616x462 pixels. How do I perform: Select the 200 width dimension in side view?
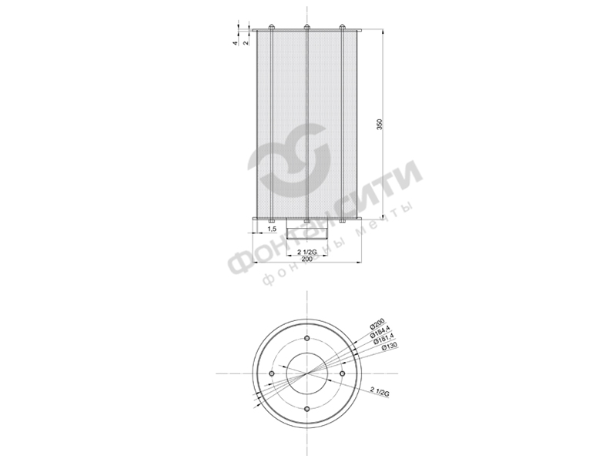pyautogui.click(x=306, y=260)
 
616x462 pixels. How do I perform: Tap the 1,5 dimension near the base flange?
pyautogui.click(x=272, y=229)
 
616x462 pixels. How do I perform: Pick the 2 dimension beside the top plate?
pyautogui.click(x=245, y=43)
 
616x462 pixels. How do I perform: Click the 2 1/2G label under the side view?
pyautogui.click(x=306, y=252)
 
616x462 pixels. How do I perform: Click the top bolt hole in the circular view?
pyautogui.click(x=306, y=339)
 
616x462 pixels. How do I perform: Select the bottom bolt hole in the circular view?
pyautogui.click(x=306, y=408)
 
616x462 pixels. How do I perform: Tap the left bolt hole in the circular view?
pyautogui.click(x=272, y=373)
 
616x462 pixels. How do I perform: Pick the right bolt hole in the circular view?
pyautogui.click(x=341, y=373)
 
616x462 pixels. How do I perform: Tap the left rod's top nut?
pyautogui.click(x=271, y=28)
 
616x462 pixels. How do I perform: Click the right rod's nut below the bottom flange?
pyautogui.click(x=342, y=223)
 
